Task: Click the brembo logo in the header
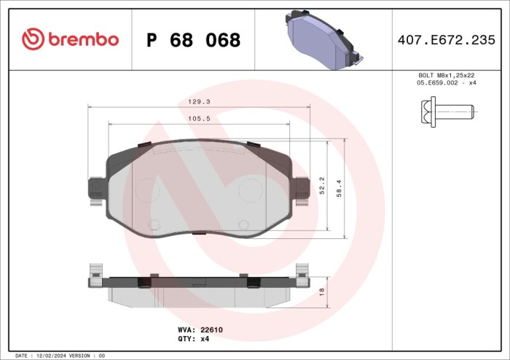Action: [70, 39]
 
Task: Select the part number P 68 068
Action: [193, 41]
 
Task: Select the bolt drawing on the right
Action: [447, 111]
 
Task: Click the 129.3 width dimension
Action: [197, 103]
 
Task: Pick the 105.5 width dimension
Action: [197, 119]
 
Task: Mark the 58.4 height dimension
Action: [338, 187]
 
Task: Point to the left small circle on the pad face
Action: [153, 224]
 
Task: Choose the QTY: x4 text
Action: [194, 339]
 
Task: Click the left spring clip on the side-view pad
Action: [95, 276]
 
